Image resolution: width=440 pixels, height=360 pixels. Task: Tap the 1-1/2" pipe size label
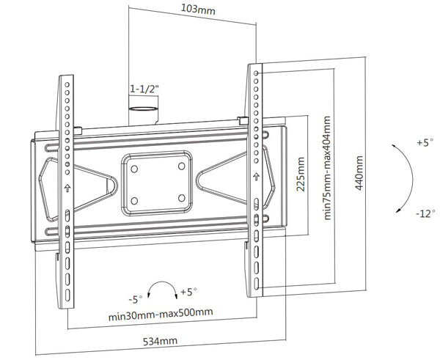[144, 89]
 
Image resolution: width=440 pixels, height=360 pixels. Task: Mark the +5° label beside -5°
[190, 291]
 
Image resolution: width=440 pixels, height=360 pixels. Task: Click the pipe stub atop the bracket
[144, 113]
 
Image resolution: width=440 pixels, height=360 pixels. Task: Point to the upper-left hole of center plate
[135, 166]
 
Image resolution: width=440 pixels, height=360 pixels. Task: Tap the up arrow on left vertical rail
[67, 187]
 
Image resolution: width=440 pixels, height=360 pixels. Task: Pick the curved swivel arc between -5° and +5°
[164, 287]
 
